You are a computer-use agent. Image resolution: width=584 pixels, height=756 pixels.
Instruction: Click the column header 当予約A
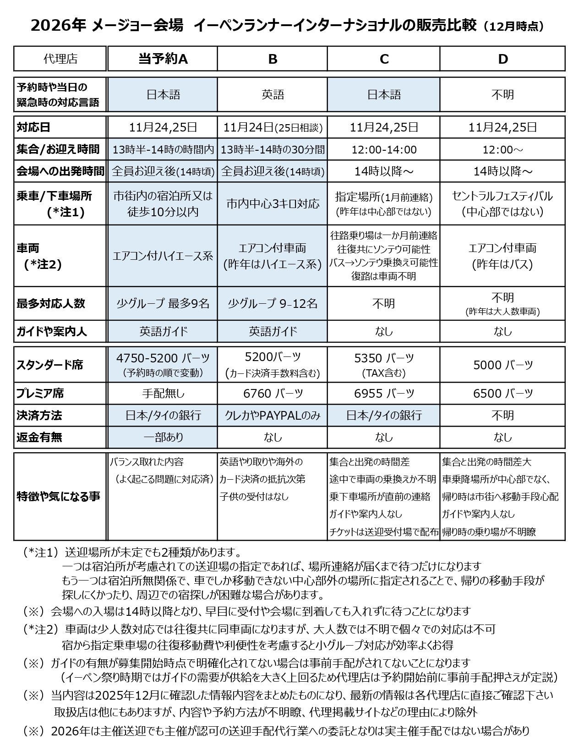(x=163, y=59)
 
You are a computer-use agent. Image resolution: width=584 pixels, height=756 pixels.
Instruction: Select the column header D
(x=502, y=59)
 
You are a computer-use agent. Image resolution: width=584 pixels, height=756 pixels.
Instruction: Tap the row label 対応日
(x=33, y=127)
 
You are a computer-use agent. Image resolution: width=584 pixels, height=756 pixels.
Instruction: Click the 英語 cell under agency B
(x=273, y=94)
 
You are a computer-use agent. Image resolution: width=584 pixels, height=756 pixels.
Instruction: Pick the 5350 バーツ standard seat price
(x=384, y=358)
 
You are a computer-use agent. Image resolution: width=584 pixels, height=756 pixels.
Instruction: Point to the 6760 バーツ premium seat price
(x=273, y=393)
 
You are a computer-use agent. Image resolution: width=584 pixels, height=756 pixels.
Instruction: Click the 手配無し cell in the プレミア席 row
(x=163, y=393)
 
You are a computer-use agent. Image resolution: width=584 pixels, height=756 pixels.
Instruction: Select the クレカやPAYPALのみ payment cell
(x=273, y=415)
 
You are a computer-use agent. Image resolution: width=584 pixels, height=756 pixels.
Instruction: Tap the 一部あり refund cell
(x=163, y=437)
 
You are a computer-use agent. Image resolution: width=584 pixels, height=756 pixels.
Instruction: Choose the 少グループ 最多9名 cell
(x=163, y=303)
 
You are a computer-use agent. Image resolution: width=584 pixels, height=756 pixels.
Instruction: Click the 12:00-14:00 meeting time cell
(x=384, y=149)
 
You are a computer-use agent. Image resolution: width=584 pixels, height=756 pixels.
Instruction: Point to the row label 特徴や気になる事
(x=58, y=496)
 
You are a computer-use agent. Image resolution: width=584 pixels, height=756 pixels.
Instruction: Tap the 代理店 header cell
(x=60, y=59)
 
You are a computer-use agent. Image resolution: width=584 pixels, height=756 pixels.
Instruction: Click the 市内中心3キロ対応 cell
(x=273, y=204)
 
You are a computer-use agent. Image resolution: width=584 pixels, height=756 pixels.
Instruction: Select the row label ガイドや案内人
(x=51, y=331)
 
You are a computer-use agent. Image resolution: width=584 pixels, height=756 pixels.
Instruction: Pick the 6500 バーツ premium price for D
(x=502, y=393)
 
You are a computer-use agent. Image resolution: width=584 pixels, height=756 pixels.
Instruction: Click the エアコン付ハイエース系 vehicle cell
(x=163, y=256)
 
